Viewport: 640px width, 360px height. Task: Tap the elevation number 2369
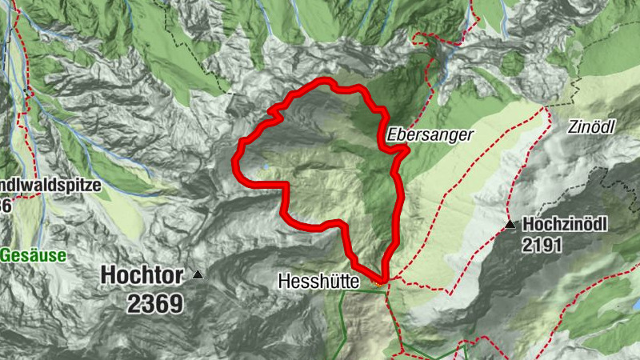154,303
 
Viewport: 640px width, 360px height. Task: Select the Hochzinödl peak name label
565,224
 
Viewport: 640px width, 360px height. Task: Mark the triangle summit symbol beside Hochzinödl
510,225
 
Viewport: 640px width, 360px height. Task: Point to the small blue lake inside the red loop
264,167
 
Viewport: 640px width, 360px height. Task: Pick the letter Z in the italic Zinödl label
574,126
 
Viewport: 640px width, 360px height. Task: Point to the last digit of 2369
176,303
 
